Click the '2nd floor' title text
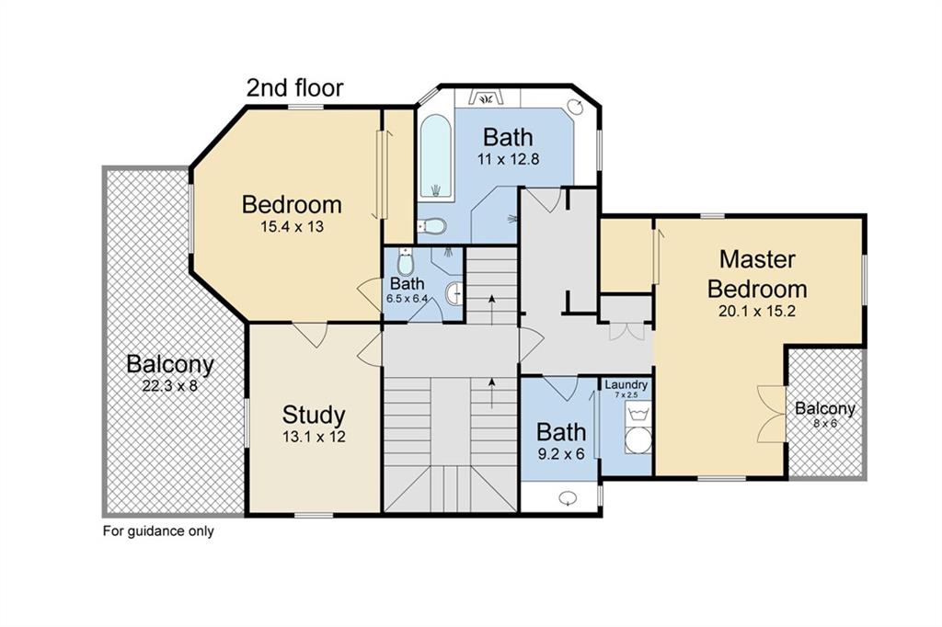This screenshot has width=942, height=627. [294, 88]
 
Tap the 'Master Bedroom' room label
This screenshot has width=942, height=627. [756, 273]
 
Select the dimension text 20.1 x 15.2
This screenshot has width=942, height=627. [756, 311]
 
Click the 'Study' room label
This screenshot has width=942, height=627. [314, 415]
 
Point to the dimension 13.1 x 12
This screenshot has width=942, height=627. [314, 438]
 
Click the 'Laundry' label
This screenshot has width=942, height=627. [626, 384]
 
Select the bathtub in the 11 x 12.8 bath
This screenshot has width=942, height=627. [436, 156]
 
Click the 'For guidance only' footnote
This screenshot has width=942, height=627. [157, 530]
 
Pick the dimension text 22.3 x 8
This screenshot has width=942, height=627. [169, 386]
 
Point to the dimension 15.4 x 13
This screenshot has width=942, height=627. [291, 226]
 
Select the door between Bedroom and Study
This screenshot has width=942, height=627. [313, 334]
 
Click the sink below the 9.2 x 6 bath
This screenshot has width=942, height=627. [569, 498]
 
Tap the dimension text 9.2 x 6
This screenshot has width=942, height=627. [561, 454]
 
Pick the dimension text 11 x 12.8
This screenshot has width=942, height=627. [508, 159]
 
